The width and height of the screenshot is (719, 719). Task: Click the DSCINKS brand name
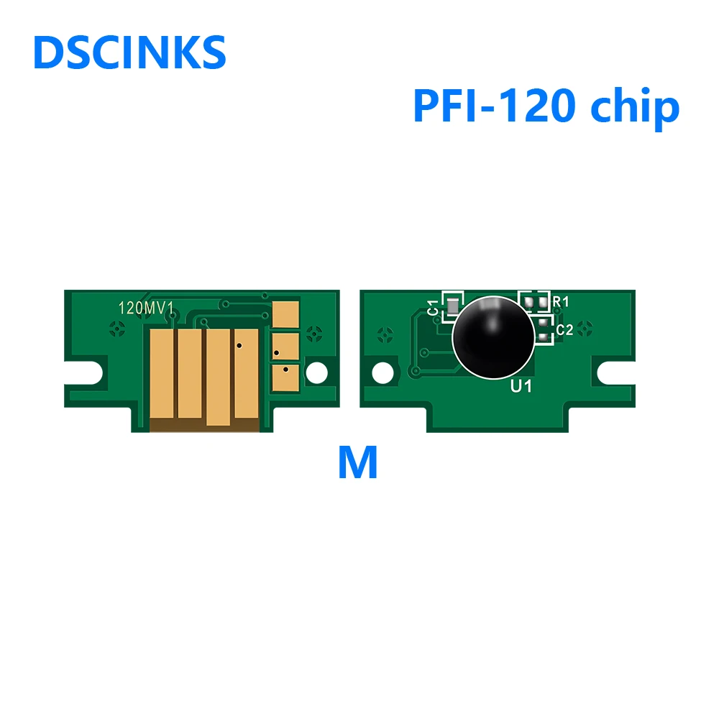click(129, 52)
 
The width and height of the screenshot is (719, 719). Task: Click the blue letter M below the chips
click(357, 464)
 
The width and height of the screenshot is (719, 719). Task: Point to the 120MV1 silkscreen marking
click(147, 308)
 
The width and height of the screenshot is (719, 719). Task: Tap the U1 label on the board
click(521, 387)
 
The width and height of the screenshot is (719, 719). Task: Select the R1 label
click(561, 301)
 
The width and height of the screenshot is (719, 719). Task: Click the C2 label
click(564, 330)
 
